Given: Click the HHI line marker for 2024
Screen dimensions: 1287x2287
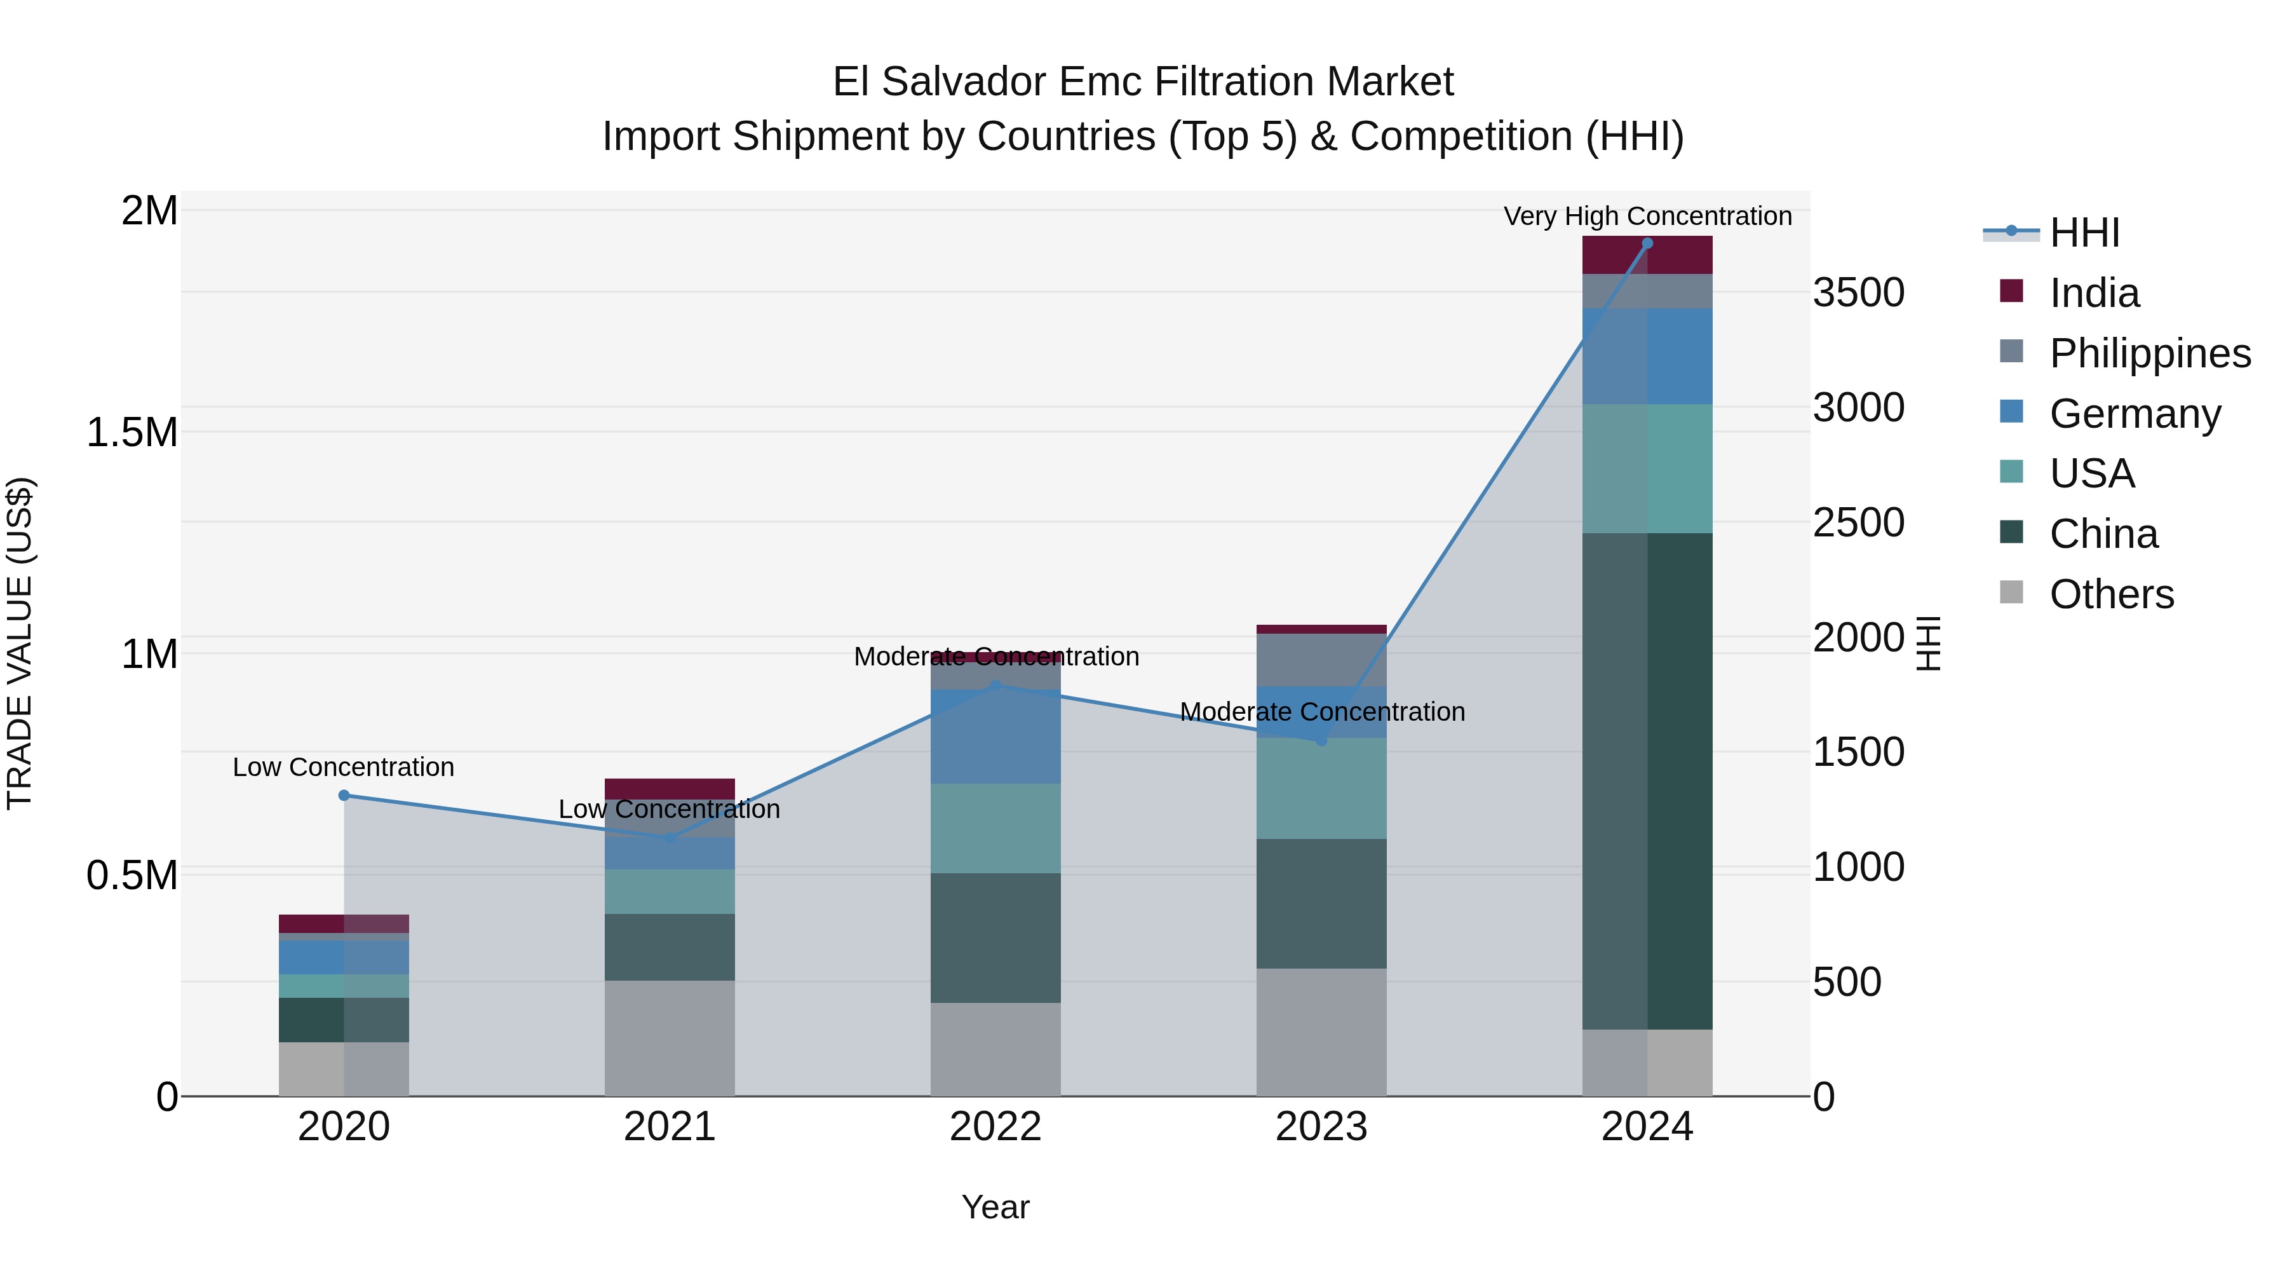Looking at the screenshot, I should coord(1647,243).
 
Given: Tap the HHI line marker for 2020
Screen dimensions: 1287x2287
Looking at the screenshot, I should coord(344,795).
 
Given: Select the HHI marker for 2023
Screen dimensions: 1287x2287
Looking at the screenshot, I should coord(1321,740).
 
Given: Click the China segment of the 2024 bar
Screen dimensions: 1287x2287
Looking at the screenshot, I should coord(1647,782).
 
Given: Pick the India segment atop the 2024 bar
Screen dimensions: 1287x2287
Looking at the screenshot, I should coord(1647,255).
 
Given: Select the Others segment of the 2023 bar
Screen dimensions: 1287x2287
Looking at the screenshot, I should coord(1321,1032).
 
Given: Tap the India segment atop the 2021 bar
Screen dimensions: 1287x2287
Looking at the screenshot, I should coord(670,789).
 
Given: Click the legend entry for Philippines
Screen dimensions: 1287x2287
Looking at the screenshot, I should coord(2149,353).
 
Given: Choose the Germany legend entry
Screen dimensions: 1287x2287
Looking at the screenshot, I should coord(2135,414).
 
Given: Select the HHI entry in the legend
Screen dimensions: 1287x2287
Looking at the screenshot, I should coord(2084,233).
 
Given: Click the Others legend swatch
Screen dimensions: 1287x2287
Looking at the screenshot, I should coord(2011,592).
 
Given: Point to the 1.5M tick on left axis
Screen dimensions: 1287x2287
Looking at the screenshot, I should coord(132,433).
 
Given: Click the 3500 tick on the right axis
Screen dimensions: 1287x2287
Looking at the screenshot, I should coord(1858,293).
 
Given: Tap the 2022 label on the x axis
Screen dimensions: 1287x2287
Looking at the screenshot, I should coord(995,1127).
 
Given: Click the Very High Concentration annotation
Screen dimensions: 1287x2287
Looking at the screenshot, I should coord(1647,216).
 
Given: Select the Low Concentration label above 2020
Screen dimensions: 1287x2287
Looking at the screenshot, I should coord(344,766).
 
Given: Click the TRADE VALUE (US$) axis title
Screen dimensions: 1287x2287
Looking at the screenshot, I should coord(20,643).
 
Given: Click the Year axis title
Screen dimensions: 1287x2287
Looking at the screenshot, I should coord(995,1207).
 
